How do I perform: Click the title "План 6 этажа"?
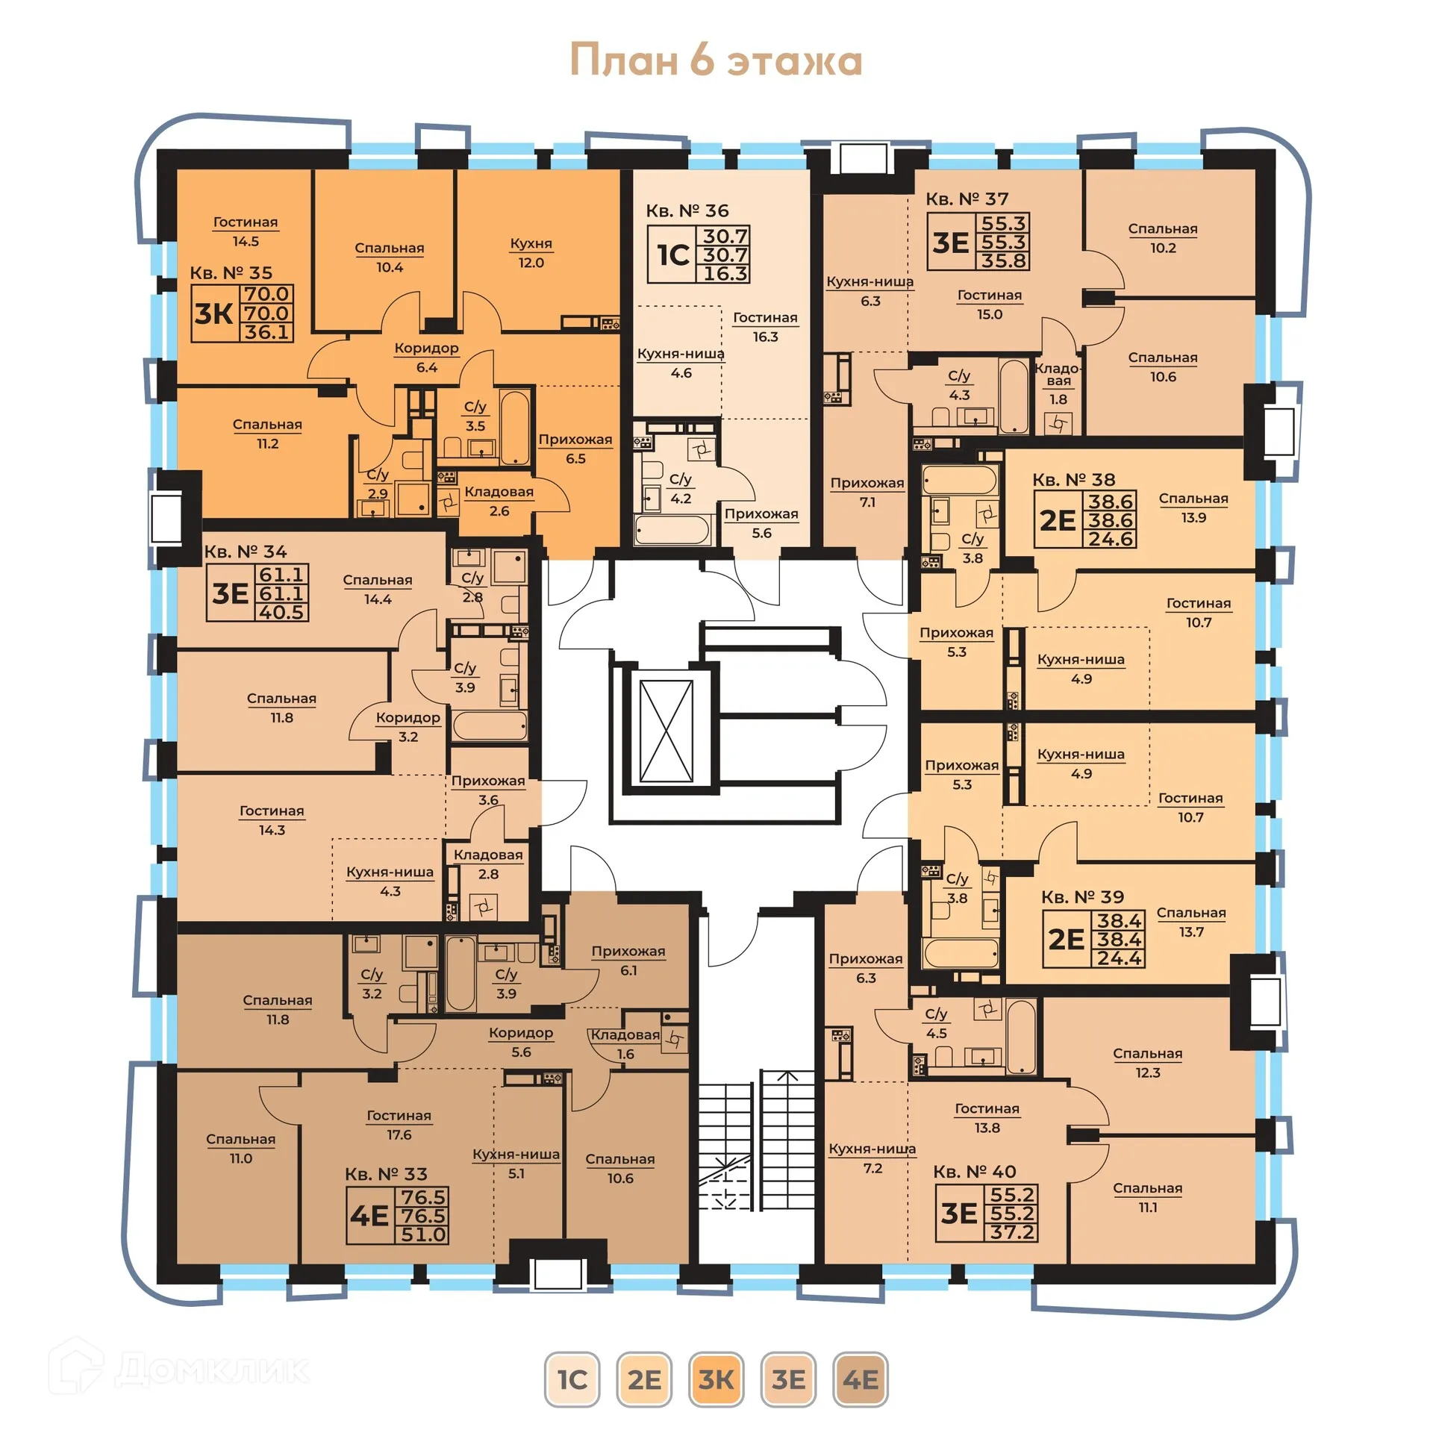[716, 60]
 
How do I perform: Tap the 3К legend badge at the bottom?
[716, 1379]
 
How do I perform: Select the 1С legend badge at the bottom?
[572, 1379]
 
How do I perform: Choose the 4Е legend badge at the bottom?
[860, 1379]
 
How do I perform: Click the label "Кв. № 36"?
[687, 211]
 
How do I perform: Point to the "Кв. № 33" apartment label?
[386, 1174]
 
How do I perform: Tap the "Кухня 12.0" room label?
[531, 253]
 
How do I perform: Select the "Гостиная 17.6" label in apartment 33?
[399, 1125]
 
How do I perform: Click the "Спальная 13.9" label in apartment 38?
[1193, 508]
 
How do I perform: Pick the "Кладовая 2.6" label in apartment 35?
[499, 502]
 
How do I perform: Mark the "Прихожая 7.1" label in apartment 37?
[867, 493]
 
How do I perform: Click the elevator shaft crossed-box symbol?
[666, 731]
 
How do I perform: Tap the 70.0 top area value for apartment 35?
[267, 294]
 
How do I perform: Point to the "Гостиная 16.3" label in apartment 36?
[765, 327]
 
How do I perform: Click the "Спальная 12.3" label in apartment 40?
[1147, 1063]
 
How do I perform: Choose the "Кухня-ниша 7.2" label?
[872, 1158]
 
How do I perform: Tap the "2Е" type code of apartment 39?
[1066, 940]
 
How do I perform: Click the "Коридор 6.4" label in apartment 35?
[426, 358]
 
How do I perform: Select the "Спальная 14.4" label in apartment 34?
[377, 590]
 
